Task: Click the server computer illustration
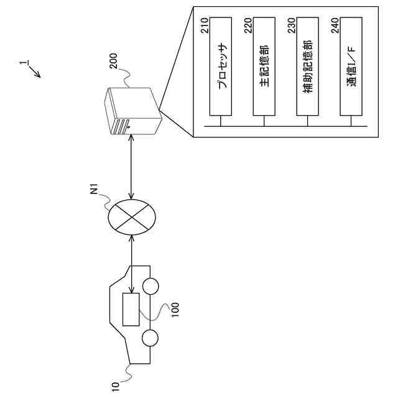[x=131, y=112]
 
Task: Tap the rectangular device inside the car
[x=131, y=309]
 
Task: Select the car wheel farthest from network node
[x=150, y=338]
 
